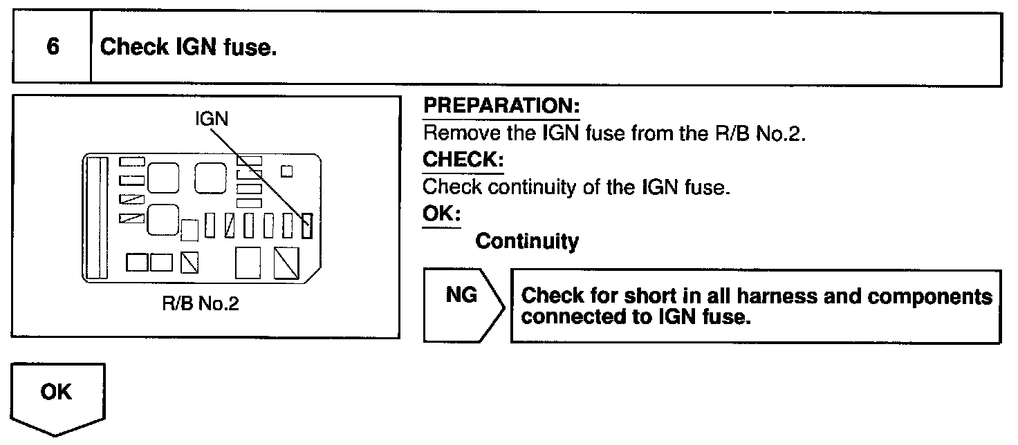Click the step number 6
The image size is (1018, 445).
point(51,48)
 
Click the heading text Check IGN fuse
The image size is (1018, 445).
point(189,48)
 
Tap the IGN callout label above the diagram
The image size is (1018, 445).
point(212,119)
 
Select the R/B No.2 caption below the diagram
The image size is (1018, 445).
point(206,304)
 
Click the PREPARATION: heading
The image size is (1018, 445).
point(501,107)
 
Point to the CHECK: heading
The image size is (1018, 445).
point(463,160)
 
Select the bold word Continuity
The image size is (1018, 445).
point(527,241)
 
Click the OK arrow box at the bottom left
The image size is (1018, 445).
point(58,397)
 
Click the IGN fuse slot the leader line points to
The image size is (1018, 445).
point(308,225)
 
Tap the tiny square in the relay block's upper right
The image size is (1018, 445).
point(287,170)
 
